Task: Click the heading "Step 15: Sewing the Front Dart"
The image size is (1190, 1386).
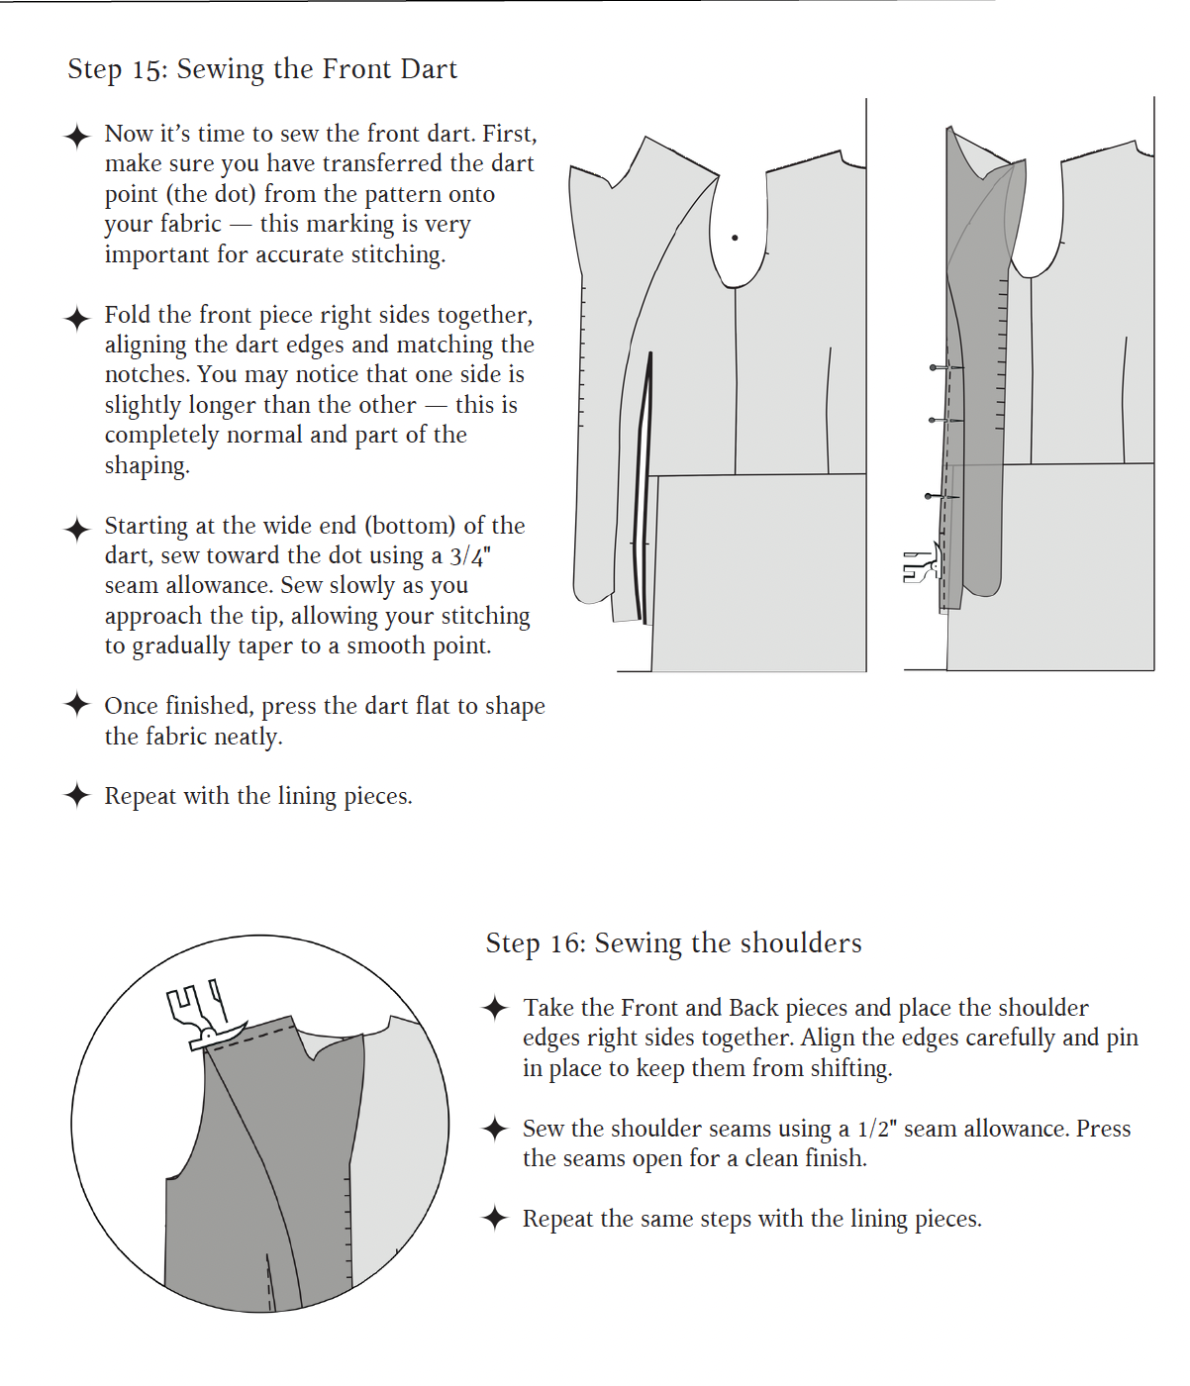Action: (262, 69)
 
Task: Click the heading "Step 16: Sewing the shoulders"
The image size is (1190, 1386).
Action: (673, 943)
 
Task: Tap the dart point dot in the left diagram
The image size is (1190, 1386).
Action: (735, 238)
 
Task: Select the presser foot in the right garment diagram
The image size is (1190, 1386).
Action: (921, 567)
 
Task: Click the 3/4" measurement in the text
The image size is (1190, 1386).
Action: (470, 556)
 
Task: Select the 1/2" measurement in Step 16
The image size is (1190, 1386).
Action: (877, 1130)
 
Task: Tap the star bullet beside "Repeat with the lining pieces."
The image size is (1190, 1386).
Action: (77, 795)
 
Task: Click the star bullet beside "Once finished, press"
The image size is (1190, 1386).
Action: (77, 705)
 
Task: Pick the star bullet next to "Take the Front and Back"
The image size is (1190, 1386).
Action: (495, 1008)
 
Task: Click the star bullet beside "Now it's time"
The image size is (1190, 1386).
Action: (77, 136)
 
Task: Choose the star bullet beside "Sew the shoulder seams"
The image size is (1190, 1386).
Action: (495, 1129)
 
